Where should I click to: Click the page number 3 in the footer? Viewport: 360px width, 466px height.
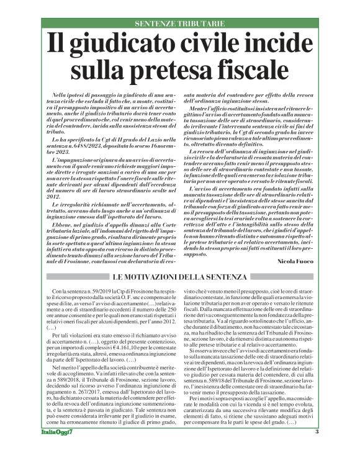pyautogui.click(x=315, y=449)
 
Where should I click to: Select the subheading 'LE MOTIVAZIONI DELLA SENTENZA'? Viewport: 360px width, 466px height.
pyautogui.click(x=180, y=275)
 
